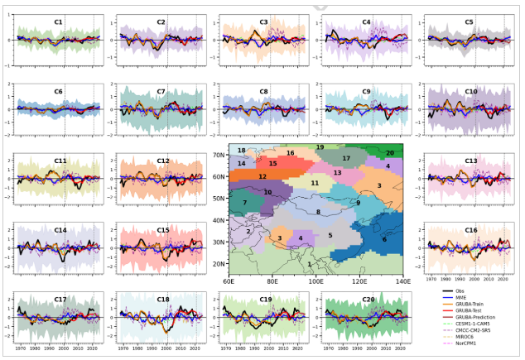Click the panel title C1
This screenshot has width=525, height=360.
pyautogui.click(x=59, y=22)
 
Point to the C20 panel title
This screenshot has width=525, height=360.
pyautogui.click(x=367, y=299)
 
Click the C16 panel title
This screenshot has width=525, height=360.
pyautogui.click(x=470, y=230)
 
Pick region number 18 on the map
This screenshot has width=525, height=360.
pyautogui.click(x=242, y=151)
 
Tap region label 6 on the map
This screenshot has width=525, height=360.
pyautogui.click(x=383, y=238)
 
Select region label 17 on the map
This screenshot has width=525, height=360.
pyautogui.click(x=346, y=158)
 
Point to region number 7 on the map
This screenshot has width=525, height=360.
pyautogui.click(x=245, y=203)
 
